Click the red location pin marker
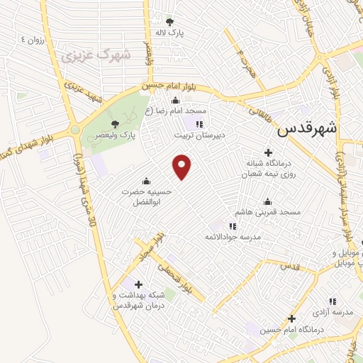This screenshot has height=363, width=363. (x=182, y=166)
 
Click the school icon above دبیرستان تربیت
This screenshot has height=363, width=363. (x=198, y=123)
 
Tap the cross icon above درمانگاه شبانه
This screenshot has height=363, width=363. (x=267, y=152)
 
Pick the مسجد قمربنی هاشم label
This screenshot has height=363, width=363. (x=270, y=212)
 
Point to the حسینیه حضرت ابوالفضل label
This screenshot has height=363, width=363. (x=146, y=197)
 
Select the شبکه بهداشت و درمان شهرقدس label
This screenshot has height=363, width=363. (x=138, y=299)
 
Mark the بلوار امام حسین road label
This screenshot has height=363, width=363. (x=174, y=87)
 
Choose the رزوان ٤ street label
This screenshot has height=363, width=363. (x=33, y=40)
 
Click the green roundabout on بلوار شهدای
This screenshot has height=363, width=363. (x=74, y=130)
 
